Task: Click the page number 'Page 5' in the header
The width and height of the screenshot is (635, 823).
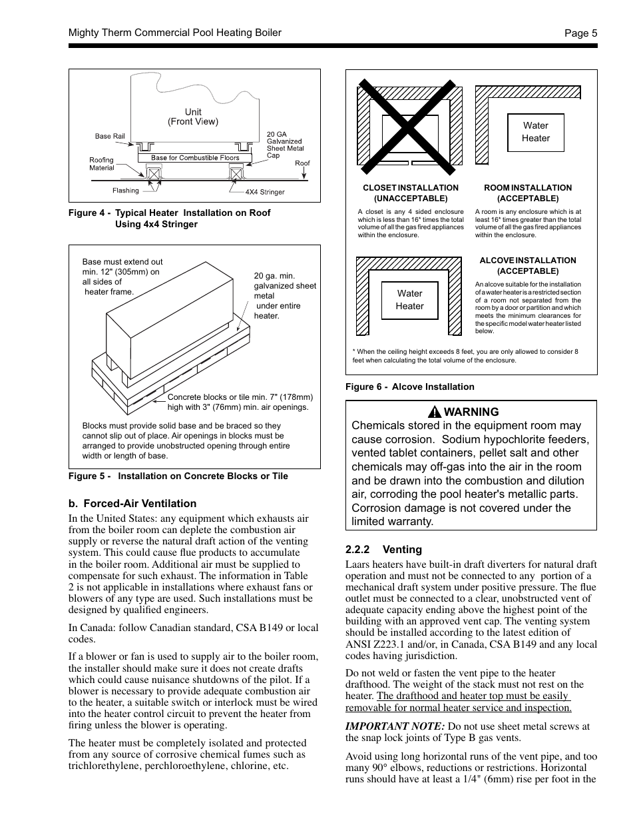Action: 580,33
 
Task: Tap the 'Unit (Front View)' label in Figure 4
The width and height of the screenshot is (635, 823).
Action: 193,117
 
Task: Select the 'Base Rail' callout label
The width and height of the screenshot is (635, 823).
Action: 110,137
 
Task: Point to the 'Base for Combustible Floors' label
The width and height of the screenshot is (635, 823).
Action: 195,158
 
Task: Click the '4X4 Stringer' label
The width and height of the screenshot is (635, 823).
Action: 265,193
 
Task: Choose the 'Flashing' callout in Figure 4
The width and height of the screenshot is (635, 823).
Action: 126,191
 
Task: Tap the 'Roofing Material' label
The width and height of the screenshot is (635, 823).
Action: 102,164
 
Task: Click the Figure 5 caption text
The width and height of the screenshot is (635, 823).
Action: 178,476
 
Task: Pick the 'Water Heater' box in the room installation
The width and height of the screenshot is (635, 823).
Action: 536,132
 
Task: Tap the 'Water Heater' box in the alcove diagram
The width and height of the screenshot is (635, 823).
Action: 410,300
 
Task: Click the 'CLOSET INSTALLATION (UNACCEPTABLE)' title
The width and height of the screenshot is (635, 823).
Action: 411,193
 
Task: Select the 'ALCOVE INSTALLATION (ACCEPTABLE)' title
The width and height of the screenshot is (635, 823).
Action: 528,266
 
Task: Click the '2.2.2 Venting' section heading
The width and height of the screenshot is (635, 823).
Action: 383,550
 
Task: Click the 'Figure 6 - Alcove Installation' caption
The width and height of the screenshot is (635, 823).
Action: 409,387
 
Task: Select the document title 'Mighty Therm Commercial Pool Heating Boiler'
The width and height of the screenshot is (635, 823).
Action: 175,33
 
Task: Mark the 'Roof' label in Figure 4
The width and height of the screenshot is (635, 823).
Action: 302,163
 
